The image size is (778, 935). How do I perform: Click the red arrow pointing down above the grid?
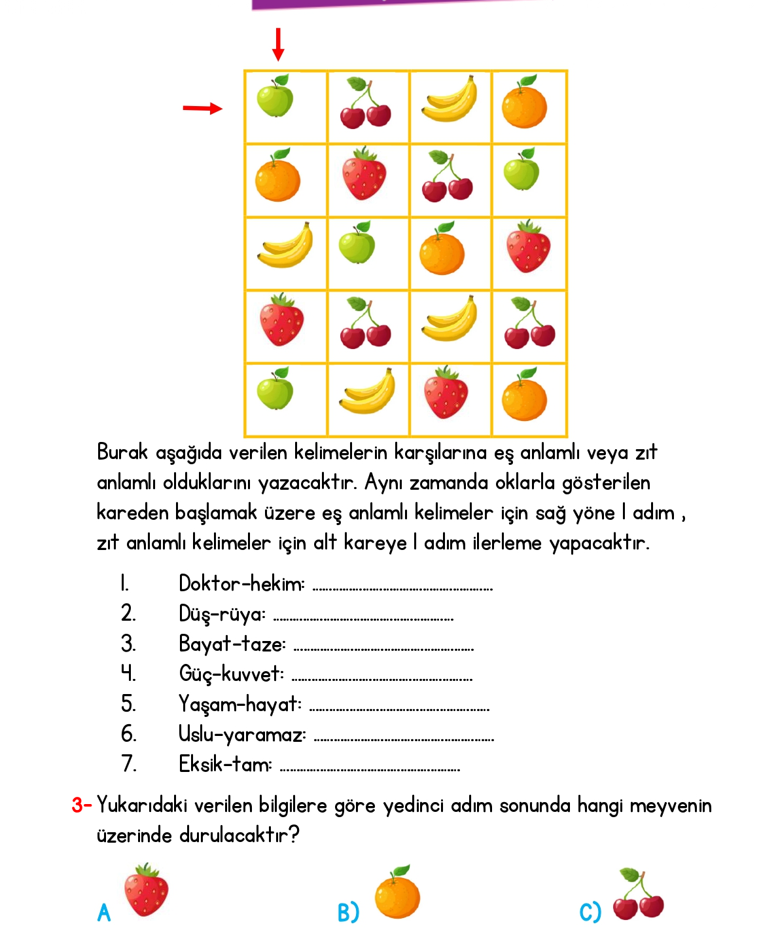[278, 45]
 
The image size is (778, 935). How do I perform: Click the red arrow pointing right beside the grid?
[202, 108]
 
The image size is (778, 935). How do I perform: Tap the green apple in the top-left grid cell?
[275, 96]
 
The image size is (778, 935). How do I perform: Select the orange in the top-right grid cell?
[524, 102]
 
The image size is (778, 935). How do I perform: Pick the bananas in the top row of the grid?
[449, 100]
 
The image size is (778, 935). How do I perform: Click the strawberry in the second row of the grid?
[364, 174]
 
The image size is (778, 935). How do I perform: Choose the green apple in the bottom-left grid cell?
[275, 389]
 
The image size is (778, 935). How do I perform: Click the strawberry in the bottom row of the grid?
[446, 393]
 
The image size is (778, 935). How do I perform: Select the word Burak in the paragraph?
[122, 452]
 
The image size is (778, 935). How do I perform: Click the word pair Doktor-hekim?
[241, 583]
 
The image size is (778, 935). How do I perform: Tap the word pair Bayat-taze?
[232, 644]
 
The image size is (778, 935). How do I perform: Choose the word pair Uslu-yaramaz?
[242, 734]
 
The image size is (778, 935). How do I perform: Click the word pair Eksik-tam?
[226, 764]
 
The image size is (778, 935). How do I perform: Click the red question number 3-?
[81, 805]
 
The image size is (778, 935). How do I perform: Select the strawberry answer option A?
[146, 890]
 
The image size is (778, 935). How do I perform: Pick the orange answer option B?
[397, 893]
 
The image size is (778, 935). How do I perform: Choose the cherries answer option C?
[638, 896]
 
